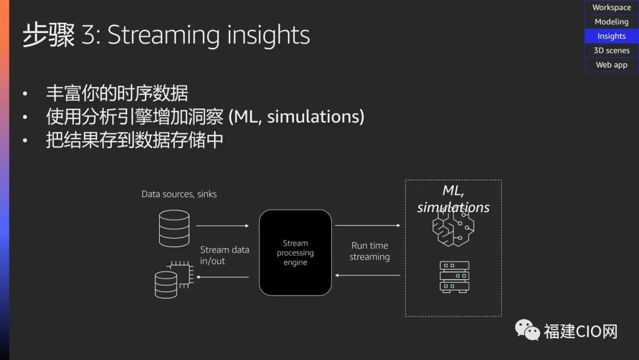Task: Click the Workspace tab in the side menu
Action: click(x=611, y=7)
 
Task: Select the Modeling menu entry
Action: click(x=611, y=21)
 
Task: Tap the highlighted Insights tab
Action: click(x=611, y=36)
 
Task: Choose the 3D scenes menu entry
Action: click(x=611, y=50)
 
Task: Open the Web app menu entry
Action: click(x=611, y=65)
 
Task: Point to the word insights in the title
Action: click(x=268, y=34)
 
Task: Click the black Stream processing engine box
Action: click(x=295, y=253)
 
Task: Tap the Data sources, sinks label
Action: click(x=179, y=194)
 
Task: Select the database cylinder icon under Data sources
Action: click(x=174, y=229)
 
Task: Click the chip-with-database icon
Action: click(x=174, y=279)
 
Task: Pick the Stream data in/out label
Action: click(x=225, y=255)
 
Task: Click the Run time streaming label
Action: click(x=370, y=251)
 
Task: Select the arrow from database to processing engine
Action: click(x=222, y=226)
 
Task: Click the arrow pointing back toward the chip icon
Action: click(x=222, y=277)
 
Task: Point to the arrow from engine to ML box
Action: click(x=367, y=225)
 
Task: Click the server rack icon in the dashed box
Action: click(x=454, y=277)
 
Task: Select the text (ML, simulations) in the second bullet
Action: click(x=296, y=117)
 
